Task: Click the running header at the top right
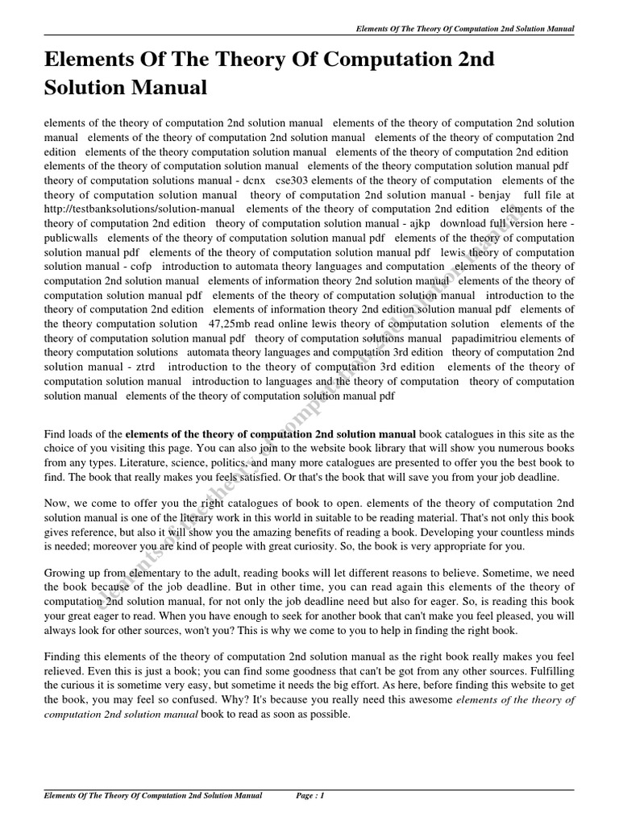(465, 29)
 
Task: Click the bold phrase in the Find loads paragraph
(271, 434)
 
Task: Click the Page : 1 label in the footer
(309, 796)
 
